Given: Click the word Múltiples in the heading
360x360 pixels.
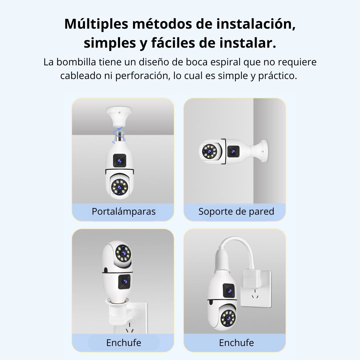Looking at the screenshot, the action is tap(96, 24).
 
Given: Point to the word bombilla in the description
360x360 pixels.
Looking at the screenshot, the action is tap(76, 62).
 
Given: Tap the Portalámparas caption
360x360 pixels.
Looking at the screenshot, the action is tap(124, 211).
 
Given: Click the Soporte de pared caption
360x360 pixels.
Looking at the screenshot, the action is tap(236, 211).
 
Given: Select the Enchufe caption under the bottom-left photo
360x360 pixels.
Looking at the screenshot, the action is tap(124, 343).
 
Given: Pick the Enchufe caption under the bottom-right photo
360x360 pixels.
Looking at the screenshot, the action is tap(236, 343).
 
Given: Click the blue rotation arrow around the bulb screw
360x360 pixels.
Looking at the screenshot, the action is tap(119, 136).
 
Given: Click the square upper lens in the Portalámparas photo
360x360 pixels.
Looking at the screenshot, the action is tap(120, 160).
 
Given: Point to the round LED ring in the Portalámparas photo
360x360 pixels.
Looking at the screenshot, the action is tap(120, 187).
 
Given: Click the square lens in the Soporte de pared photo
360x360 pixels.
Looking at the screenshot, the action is tap(233, 151).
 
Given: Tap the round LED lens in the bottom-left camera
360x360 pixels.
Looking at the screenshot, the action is tap(123, 253).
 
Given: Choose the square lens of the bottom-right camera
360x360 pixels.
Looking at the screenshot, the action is tap(229, 291).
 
